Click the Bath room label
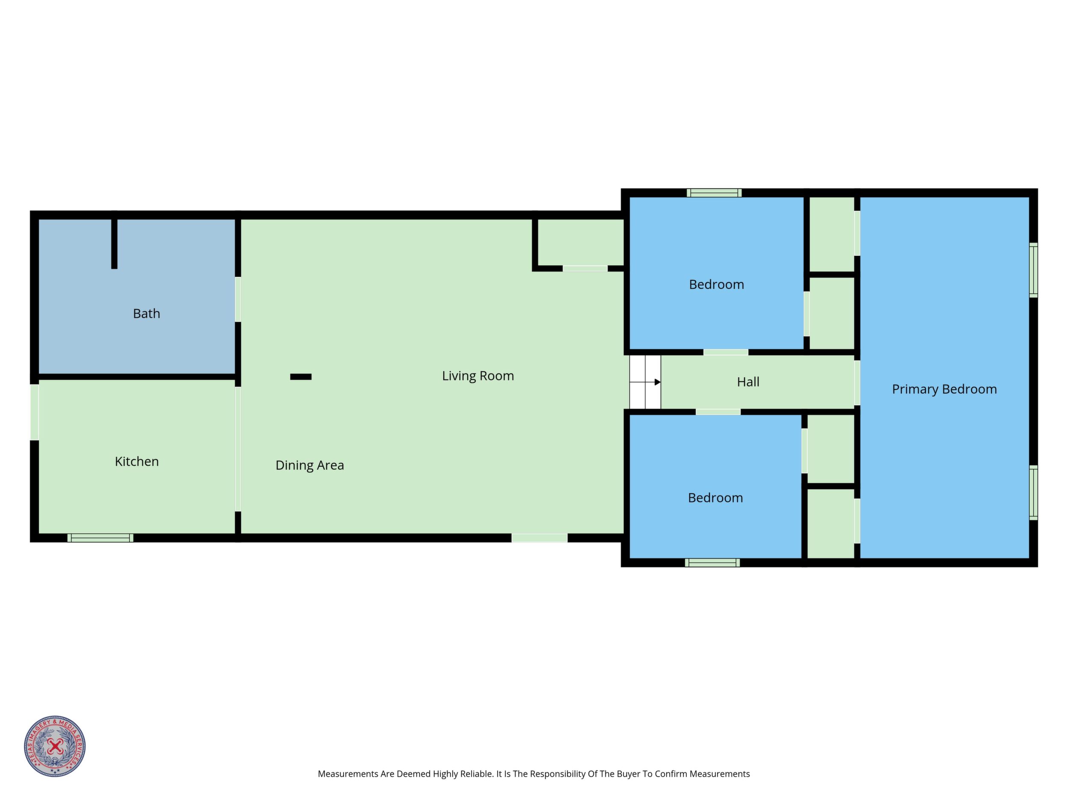(x=146, y=313)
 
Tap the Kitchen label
(x=136, y=462)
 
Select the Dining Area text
(x=309, y=465)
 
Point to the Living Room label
(x=478, y=376)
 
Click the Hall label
(x=748, y=382)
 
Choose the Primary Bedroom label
(x=944, y=389)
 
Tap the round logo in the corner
(x=55, y=746)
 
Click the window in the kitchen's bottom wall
(x=101, y=538)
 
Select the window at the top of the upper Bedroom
(x=714, y=193)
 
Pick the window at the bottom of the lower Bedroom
(x=712, y=563)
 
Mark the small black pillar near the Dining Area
(x=301, y=377)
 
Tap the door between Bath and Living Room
(x=238, y=300)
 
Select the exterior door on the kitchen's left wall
(x=35, y=412)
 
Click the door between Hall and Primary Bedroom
(x=857, y=383)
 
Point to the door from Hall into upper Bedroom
(x=726, y=352)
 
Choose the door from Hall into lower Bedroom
(x=718, y=412)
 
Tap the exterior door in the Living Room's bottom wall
(x=539, y=538)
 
